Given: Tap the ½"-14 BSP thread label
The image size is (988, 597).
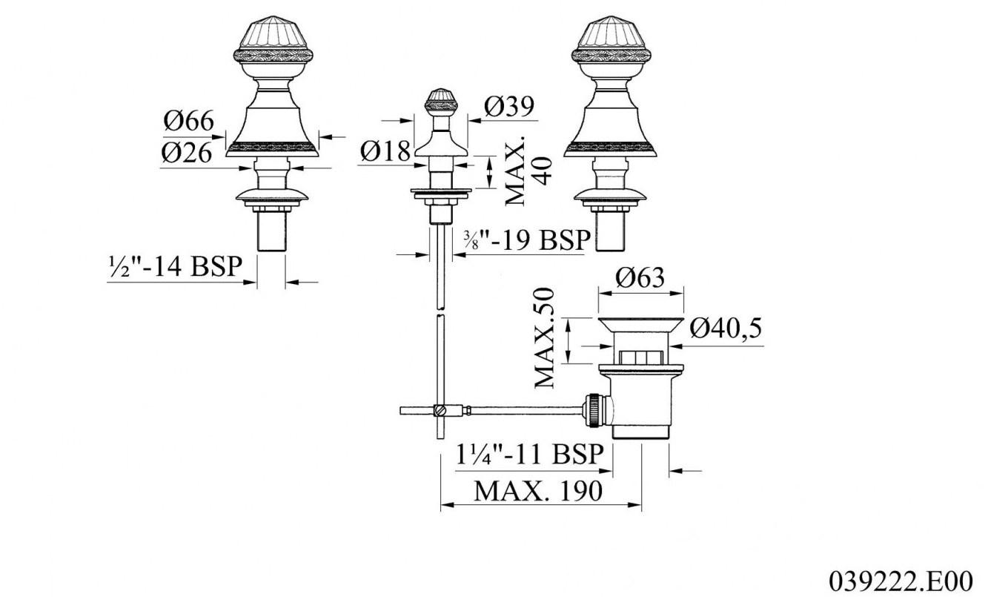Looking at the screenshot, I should [x=175, y=267].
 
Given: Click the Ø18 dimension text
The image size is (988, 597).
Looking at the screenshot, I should [x=386, y=151].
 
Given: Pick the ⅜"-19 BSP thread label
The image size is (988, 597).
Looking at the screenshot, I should [x=526, y=240].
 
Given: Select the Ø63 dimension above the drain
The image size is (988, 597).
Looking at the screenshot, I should [x=640, y=278].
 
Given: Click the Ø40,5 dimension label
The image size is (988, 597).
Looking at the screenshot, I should [x=726, y=327].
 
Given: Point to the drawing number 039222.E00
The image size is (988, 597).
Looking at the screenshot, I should [x=906, y=578].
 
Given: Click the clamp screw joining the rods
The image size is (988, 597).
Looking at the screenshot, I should [x=441, y=409].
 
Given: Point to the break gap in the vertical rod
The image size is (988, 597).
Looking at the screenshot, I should [x=441, y=313].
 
